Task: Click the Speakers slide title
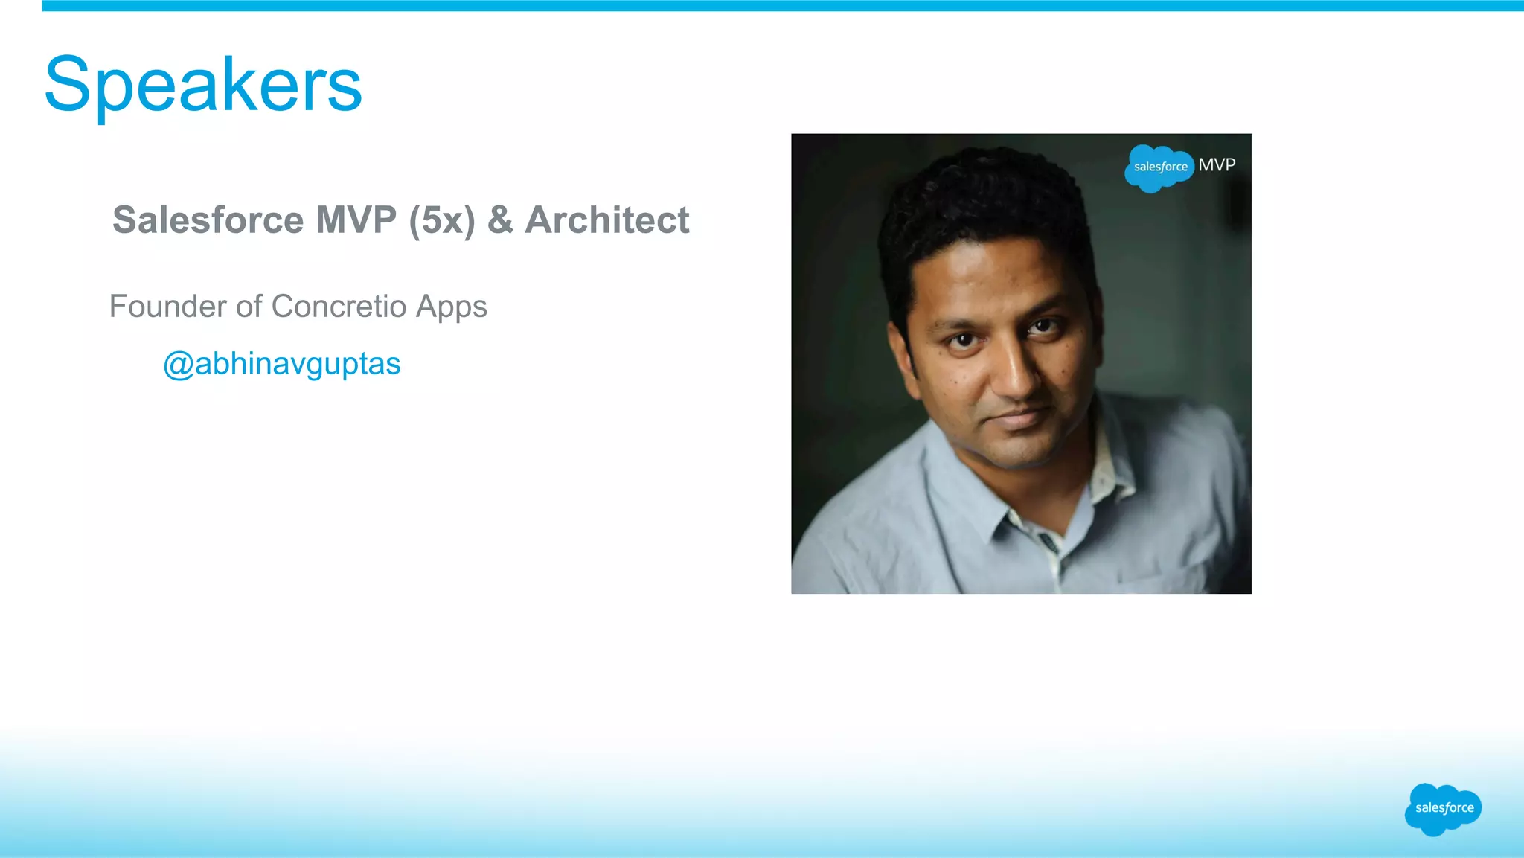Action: tap(203, 85)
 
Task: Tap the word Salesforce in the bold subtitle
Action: tap(208, 220)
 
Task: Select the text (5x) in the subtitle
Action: tap(441, 221)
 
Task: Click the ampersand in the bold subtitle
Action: tap(500, 220)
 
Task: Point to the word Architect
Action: tap(607, 220)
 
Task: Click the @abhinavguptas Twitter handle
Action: tap(281, 364)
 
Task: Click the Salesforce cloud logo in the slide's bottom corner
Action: tap(1443, 808)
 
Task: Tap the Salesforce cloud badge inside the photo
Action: tap(1159, 167)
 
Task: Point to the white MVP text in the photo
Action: tap(1217, 164)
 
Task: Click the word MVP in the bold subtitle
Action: tap(356, 220)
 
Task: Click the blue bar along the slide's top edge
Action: tap(781, 6)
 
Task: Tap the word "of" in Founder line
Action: tap(249, 307)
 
